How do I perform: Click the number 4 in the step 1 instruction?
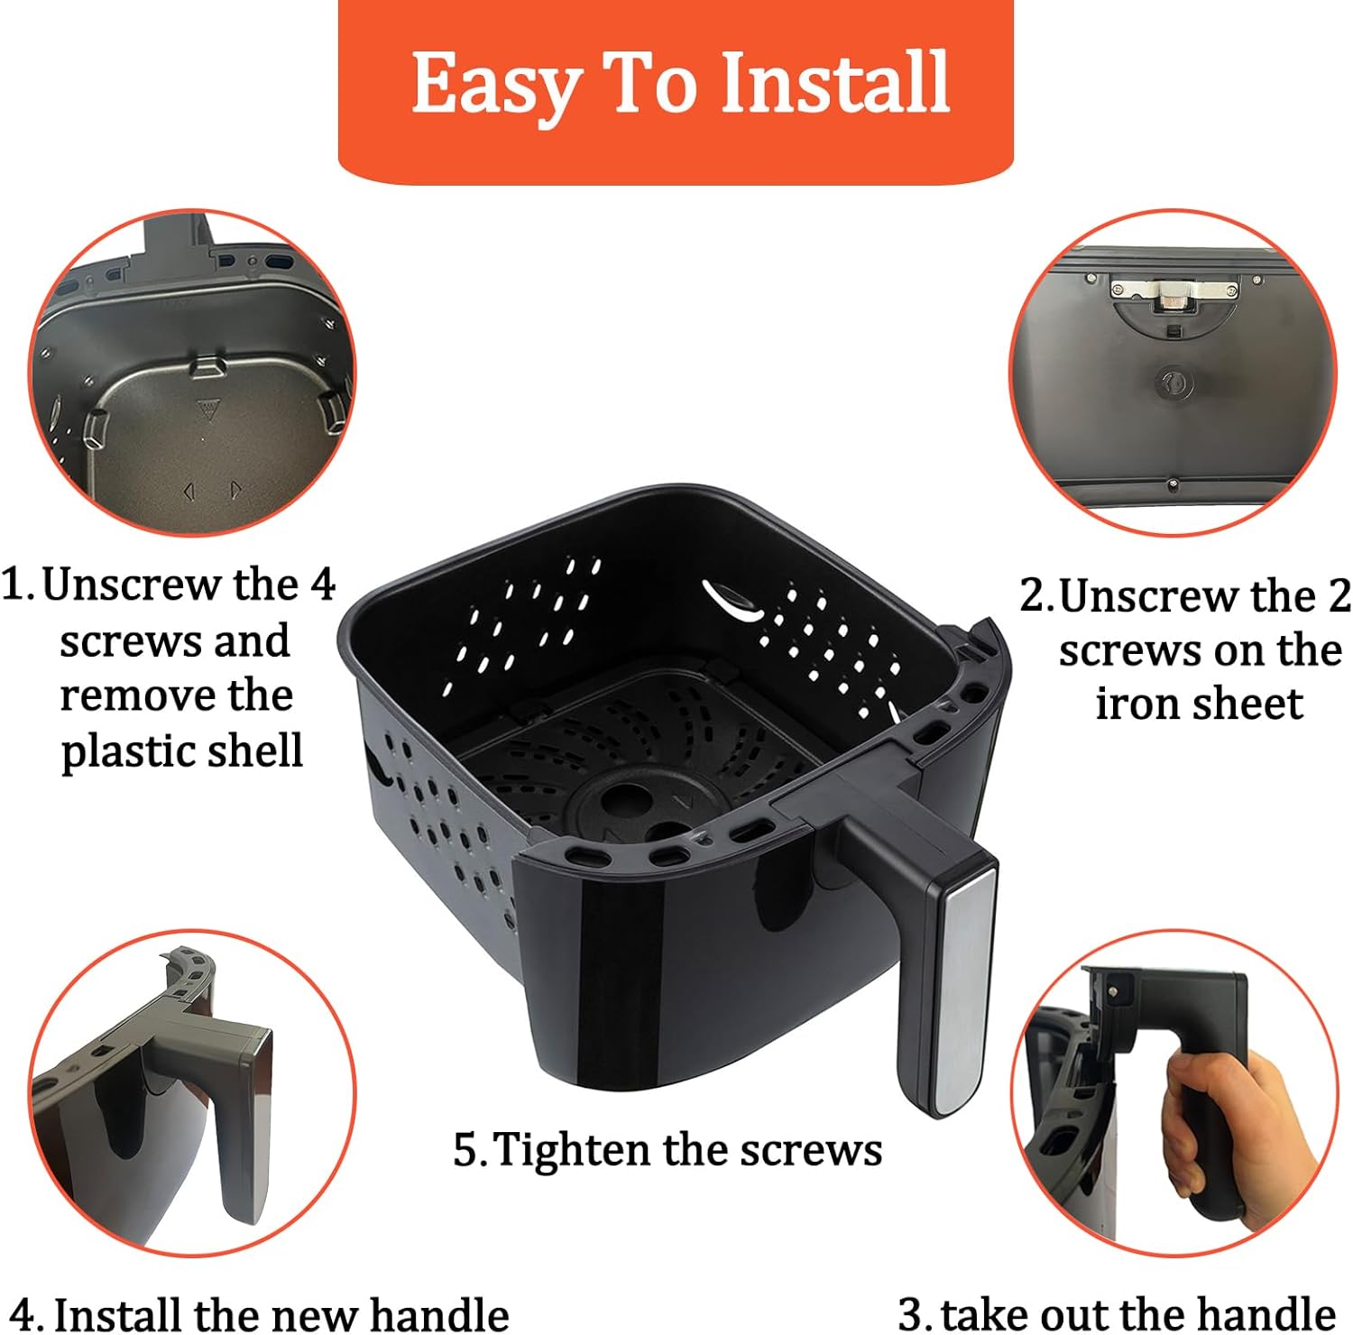[322, 585]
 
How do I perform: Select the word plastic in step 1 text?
[119, 750]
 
